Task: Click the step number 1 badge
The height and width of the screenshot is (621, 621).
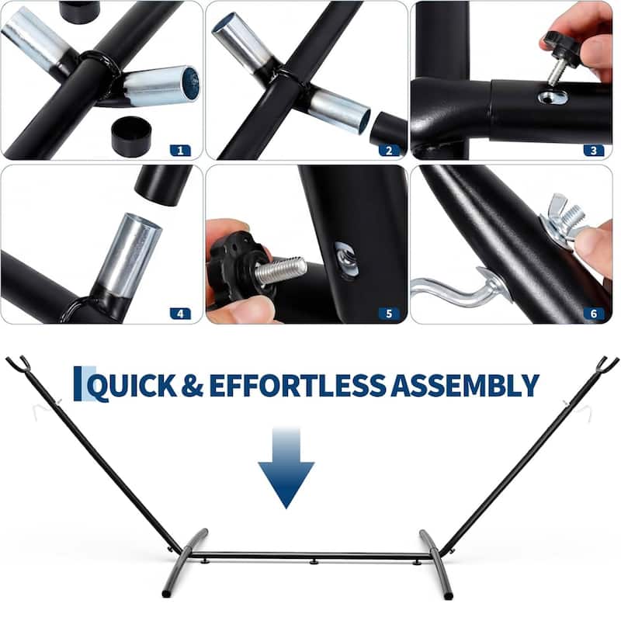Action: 180,151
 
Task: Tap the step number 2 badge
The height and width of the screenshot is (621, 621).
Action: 389,151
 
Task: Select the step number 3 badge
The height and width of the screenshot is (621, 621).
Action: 593,151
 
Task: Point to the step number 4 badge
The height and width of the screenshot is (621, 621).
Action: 180,314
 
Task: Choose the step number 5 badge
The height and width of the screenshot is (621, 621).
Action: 389,314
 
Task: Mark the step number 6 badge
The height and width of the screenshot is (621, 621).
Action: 593,314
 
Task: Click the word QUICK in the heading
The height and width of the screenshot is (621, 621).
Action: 132,386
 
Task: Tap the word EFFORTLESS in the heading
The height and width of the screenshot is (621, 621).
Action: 297,385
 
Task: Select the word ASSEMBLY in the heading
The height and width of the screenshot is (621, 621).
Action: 464,385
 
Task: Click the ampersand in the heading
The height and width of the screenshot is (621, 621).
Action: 193,385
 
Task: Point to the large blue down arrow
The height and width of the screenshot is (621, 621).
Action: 286,468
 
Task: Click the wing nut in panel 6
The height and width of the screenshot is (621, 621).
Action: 564,222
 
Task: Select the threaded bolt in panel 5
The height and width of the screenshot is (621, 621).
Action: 280,269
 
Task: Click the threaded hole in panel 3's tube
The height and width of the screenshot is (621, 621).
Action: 553,96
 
